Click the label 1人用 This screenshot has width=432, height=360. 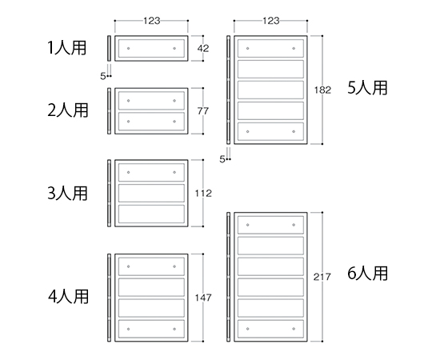coord(67,48)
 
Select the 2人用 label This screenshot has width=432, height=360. coord(68,110)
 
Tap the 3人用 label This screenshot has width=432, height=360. coord(68,193)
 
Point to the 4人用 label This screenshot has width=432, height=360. coord(68,296)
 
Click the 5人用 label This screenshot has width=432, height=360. coord(367,87)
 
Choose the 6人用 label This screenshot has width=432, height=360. coord(367,274)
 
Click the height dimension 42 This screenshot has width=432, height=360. coord(203,49)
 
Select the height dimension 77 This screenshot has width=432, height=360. coord(203,111)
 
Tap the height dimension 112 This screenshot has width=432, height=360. coord(203,194)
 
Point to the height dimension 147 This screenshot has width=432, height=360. coord(203,298)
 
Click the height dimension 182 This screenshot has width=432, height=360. coord(322,90)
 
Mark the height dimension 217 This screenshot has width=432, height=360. coord(322,277)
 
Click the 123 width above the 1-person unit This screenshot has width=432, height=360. coord(151,21)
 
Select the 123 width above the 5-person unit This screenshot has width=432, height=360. coord(271,21)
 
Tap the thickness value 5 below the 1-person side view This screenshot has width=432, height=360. coord(102,76)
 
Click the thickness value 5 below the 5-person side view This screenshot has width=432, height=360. coord(222,159)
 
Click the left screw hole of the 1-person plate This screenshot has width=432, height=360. coord(128,49)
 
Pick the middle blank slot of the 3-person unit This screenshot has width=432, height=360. coord(151,193)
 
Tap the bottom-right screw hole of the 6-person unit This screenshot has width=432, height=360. coord(294,329)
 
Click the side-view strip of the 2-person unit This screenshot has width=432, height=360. coord(109,111)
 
